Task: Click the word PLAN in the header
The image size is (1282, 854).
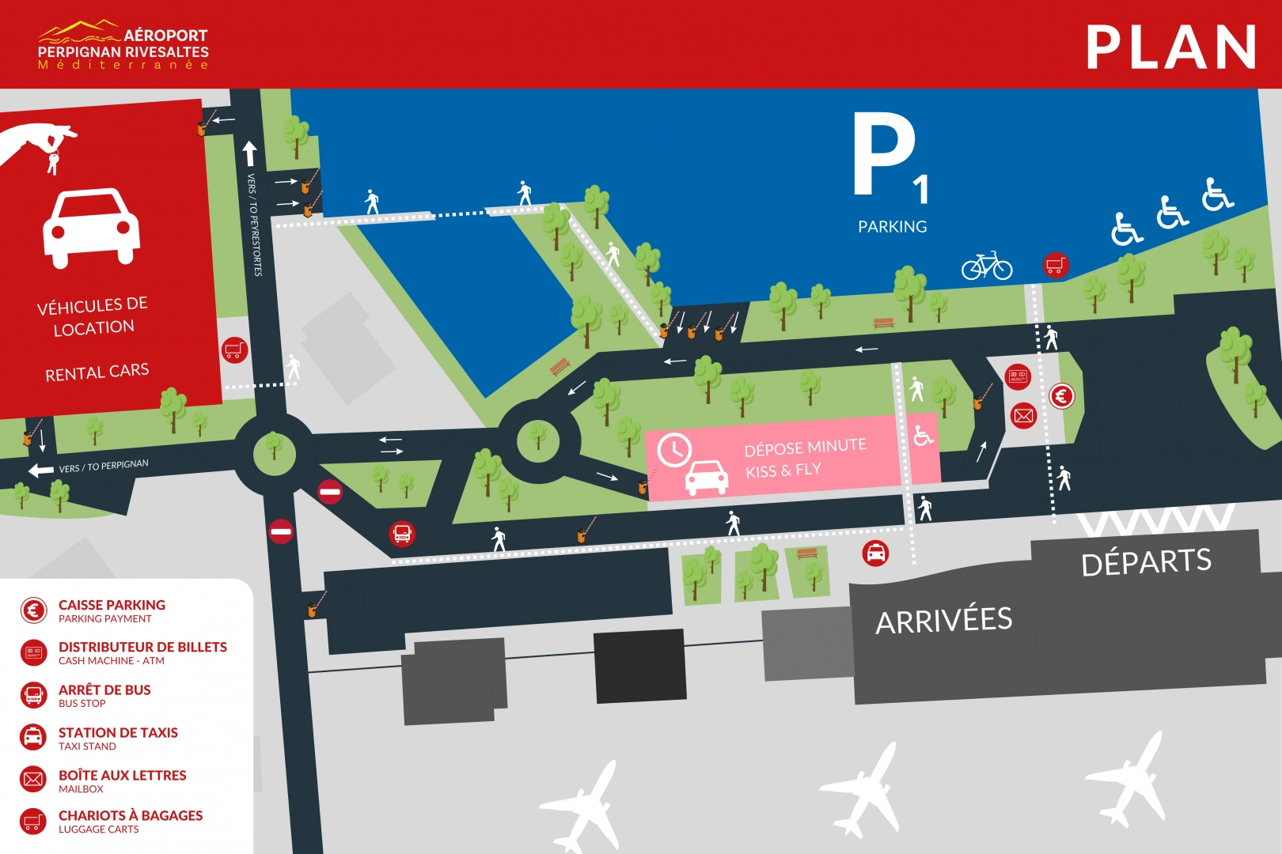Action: click(1170, 47)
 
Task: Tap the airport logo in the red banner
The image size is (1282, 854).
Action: click(123, 46)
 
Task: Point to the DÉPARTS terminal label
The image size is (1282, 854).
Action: click(1146, 561)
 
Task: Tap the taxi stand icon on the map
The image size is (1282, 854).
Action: click(875, 554)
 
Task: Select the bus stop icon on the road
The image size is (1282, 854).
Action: click(402, 534)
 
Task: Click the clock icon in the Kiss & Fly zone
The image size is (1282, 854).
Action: click(674, 450)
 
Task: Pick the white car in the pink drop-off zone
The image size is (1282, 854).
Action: click(706, 478)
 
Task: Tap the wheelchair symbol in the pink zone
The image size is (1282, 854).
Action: click(923, 435)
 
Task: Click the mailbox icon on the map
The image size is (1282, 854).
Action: click(1023, 415)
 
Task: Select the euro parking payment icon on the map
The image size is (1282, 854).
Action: click(1061, 396)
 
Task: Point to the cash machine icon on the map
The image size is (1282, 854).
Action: click(1018, 376)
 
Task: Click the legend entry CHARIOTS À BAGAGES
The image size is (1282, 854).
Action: click(131, 815)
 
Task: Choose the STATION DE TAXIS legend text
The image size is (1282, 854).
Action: click(118, 733)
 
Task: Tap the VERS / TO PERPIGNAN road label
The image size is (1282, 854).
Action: click(104, 466)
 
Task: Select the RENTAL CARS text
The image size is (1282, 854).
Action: click(97, 372)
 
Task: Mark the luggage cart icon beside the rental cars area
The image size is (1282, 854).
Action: click(234, 349)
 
